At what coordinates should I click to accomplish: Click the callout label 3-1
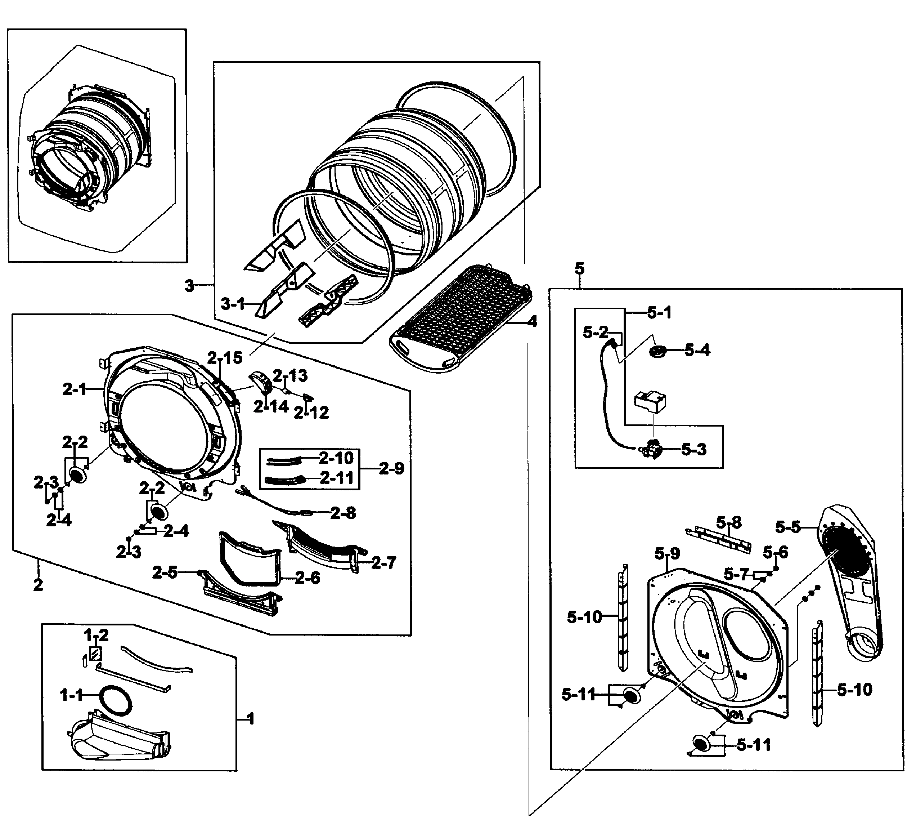(233, 304)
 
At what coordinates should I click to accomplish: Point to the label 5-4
(697, 350)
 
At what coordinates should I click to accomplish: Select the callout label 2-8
(343, 513)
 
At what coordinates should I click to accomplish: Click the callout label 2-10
(336, 458)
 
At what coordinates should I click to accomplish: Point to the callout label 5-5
(788, 527)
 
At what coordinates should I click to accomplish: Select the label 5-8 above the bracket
(729, 522)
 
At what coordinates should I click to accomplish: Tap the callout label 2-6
(307, 578)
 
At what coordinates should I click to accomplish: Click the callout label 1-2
(96, 635)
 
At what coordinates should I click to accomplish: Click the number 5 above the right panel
(579, 269)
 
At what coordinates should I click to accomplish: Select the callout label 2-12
(311, 413)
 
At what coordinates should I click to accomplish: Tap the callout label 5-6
(776, 552)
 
